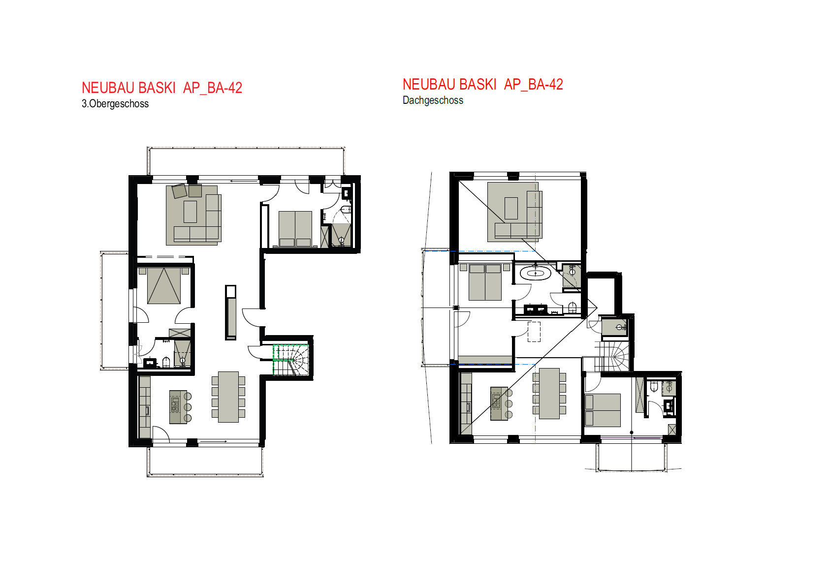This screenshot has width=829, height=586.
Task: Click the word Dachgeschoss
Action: tap(433, 100)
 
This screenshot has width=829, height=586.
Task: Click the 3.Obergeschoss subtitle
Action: tap(115, 104)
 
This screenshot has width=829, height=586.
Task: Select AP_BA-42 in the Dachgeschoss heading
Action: tap(533, 85)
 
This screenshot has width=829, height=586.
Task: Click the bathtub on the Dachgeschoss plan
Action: tap(535, 273)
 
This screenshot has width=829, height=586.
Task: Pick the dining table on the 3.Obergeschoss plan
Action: tap(228, 397)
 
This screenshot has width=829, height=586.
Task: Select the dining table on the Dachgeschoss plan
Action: tap(549, 394)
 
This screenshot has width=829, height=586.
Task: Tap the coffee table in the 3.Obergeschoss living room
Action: tap(190, 212)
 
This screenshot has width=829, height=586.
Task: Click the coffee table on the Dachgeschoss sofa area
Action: tap(511, 208)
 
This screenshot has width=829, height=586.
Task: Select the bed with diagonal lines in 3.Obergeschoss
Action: tap(164, 285)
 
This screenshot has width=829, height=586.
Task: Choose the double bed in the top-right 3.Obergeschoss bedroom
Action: tap(295, 228)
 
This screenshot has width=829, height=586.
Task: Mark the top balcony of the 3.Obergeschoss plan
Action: tap(246, 161)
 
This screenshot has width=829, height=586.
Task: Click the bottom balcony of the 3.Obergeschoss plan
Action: tap(205, 461)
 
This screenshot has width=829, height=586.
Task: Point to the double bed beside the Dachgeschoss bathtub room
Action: tap(485, 282)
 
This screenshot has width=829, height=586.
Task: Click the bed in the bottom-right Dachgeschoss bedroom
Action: tap(603, 410)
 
